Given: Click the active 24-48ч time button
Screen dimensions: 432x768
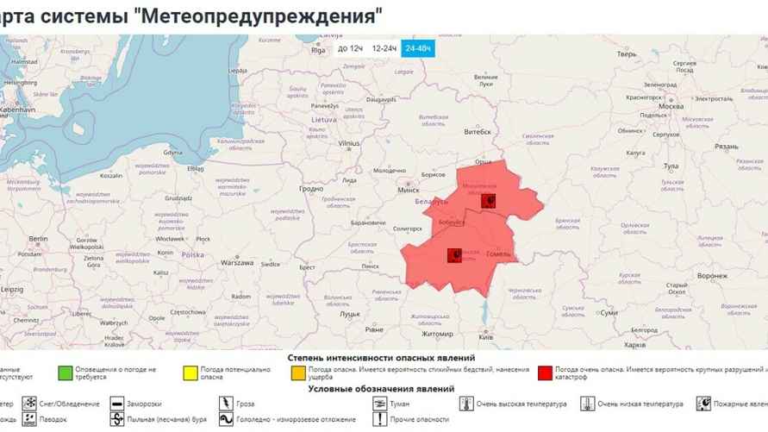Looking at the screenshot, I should coord(419,48).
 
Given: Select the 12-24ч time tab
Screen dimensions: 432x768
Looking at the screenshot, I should coord(384,48).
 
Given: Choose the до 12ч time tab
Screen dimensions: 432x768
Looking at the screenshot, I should coord(349,48).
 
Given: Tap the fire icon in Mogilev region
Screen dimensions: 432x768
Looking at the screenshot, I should coord(490,202).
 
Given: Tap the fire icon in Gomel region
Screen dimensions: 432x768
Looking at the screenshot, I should coord(453,255).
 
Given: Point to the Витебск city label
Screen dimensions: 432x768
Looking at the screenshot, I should coord(478,132).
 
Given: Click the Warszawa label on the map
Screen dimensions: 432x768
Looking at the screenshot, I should coord(237,262).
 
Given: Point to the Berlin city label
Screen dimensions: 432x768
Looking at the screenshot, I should coord(38,238).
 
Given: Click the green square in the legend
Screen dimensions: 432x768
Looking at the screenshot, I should coord(65,373).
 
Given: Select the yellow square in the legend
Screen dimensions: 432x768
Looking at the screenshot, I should coord(190,373).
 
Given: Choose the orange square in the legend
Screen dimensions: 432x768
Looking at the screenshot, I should coord(298,373).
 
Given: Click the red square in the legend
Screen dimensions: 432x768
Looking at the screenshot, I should coord(545,373).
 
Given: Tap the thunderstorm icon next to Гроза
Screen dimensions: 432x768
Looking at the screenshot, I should coord(225,403).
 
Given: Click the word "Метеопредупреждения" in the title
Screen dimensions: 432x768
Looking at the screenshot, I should coord(259,16).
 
